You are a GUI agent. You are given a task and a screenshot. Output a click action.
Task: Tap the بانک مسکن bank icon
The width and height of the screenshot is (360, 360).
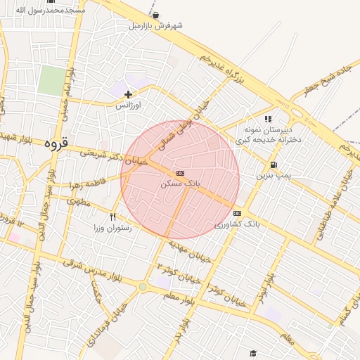click(x=180, y=172)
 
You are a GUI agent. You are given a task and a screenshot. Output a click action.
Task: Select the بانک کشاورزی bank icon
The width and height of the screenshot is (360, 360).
click(x=237, y=213)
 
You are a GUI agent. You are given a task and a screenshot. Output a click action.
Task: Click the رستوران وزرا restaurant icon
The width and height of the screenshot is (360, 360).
click(x=113, y=217)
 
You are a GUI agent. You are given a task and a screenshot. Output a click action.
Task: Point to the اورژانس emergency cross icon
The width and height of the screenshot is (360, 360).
click(x=128, y=94)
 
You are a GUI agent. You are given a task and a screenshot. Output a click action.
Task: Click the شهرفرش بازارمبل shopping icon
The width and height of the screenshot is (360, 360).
click(x=155, y=15)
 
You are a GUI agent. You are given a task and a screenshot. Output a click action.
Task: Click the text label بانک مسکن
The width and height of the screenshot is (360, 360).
click(x=180, y=184)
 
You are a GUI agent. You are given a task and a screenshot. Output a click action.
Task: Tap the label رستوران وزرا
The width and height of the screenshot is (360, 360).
click(x=113, y=229)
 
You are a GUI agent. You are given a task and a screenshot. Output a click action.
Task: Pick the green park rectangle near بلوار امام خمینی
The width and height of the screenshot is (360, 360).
click(x=51, y=80)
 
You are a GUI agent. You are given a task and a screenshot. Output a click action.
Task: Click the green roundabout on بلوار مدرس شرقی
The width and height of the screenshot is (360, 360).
click(x=143, y=287)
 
